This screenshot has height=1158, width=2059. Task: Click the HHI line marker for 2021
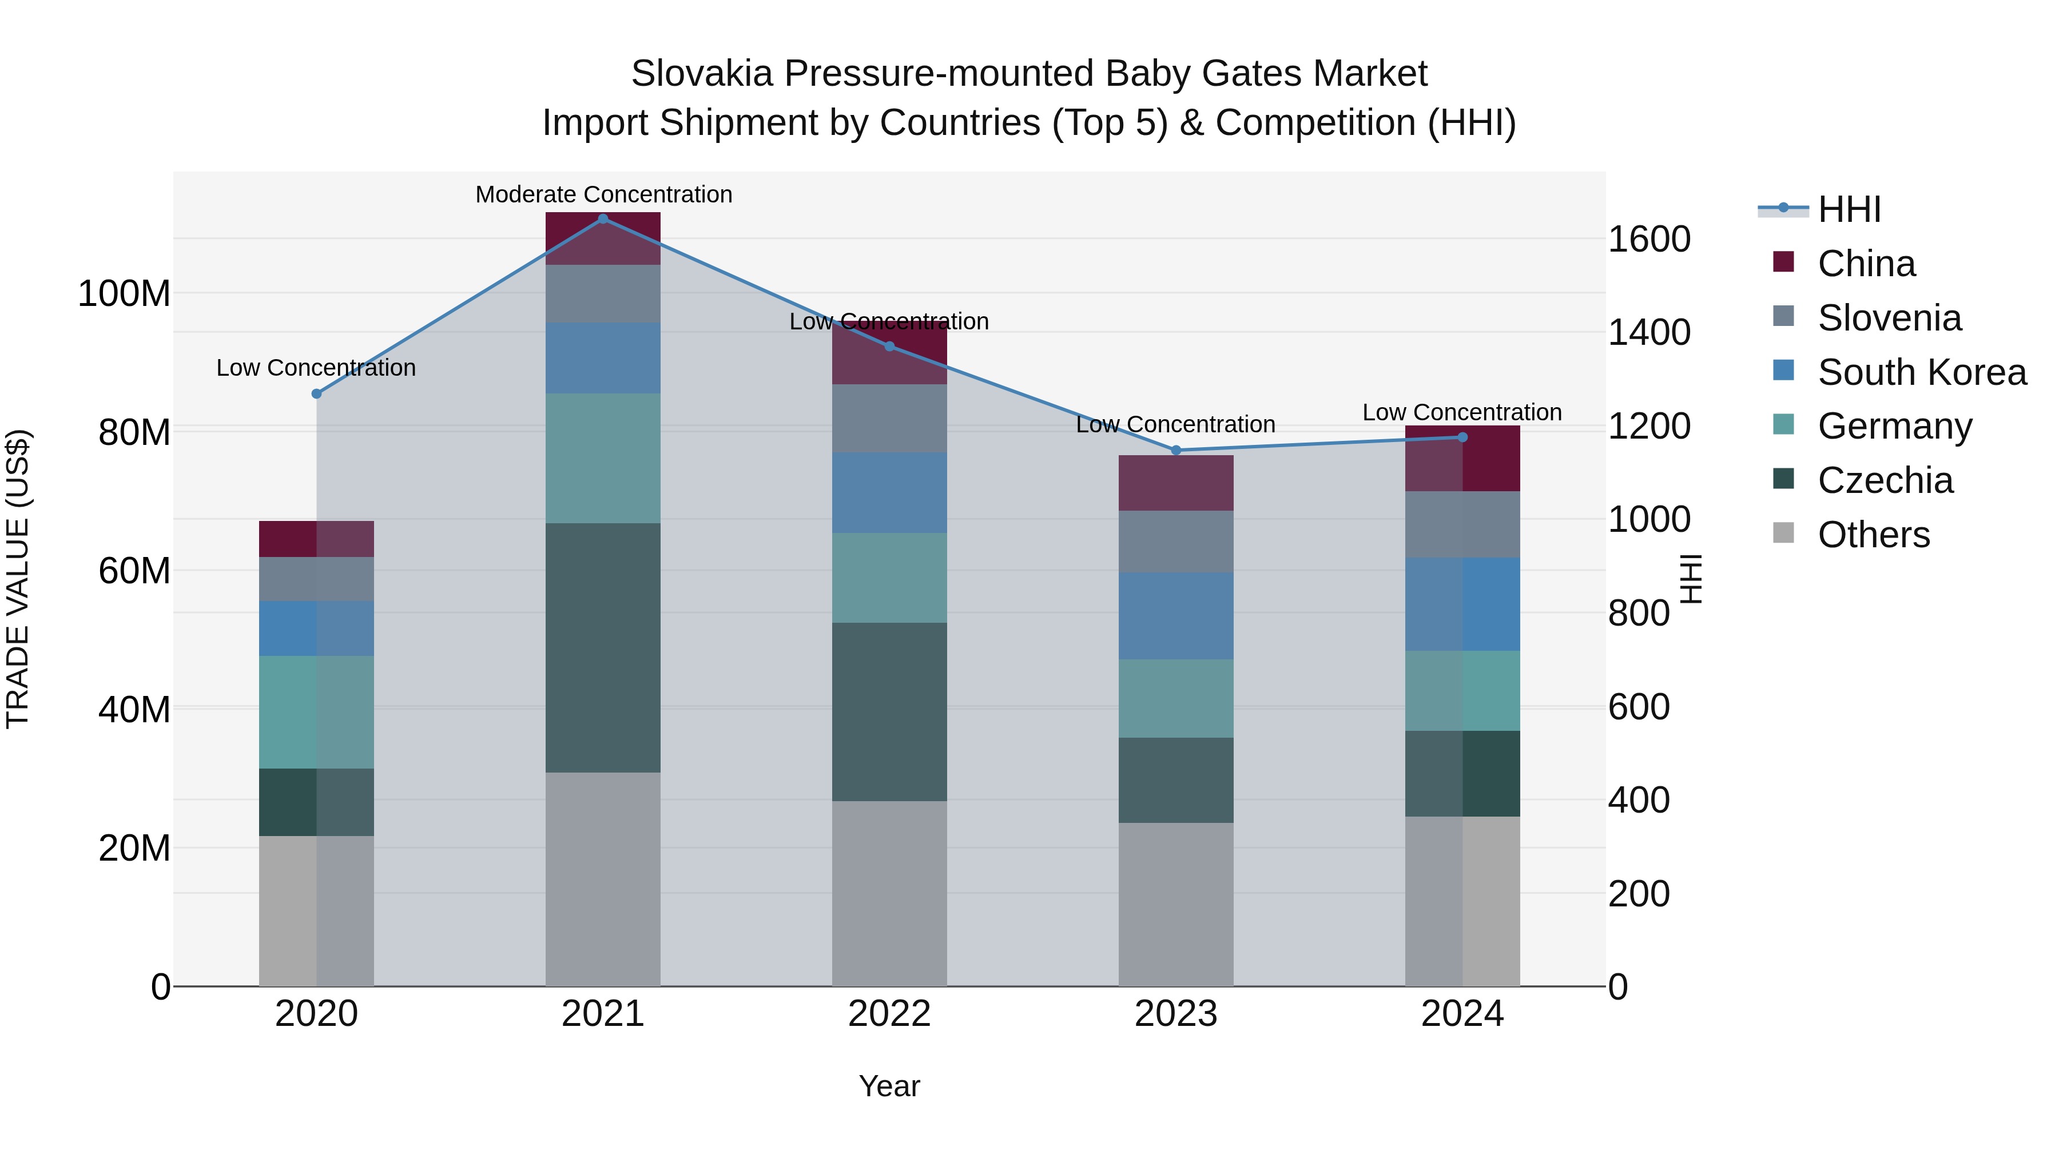[603, 218]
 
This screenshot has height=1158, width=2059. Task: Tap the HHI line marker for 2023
[1176, 451]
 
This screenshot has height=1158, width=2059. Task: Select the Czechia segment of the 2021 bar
[603, 647]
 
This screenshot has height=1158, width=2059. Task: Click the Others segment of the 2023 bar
[1176, 904]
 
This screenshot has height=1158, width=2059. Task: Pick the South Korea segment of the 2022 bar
[889, 492]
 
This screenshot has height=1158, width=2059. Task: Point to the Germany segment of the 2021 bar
[603, 458]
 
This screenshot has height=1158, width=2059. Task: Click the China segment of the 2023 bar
[1176, 483]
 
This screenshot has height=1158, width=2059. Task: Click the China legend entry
[1866, 263]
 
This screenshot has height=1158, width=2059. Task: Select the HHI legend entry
[1849, 209]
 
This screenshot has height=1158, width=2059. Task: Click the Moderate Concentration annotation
[603, 194]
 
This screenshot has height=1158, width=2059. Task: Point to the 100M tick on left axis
[124, 293]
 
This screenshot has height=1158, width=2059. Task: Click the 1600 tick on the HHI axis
[1648, 239]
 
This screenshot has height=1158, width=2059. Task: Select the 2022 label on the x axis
[889, 1014]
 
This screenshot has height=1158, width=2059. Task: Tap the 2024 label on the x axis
[1462, 1014]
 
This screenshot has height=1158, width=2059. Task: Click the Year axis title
[889, 1086]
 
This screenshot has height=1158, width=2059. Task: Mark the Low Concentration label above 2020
[316, 368]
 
